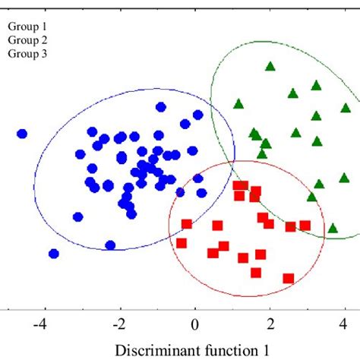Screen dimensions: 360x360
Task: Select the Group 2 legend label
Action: point(28,39)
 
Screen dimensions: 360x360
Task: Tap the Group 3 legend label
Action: point(28,54)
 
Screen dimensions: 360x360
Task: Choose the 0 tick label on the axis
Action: point(195,324)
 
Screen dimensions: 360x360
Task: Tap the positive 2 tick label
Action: point(270,324)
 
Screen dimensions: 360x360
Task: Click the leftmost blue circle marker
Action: point(22,134)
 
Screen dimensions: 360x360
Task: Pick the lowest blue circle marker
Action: point(53,254)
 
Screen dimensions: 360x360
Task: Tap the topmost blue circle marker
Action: point(160,107)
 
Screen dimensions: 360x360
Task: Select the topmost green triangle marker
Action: point(270,67)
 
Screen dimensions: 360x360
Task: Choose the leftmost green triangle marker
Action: point(238,103)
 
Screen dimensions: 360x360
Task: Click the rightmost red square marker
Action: point(333,227)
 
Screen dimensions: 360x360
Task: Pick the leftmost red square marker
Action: point(182,243)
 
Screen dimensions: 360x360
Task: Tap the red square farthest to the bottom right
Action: point(288,278)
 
